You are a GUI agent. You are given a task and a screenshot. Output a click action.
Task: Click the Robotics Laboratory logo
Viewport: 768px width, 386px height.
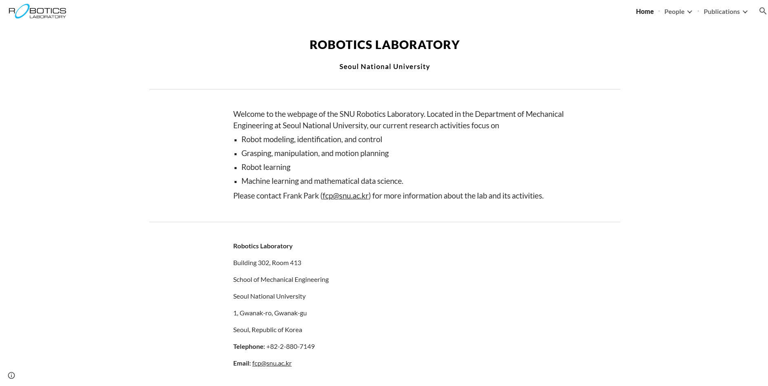(37, 11)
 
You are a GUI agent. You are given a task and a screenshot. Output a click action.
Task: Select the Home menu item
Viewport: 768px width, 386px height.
(644, 11)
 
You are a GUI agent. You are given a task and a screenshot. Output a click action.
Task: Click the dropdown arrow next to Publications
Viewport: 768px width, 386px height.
(745, 12)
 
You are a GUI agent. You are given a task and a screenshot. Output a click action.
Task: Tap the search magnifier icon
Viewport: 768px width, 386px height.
(762, 11)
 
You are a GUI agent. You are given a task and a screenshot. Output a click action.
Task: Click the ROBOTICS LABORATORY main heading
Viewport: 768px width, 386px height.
(384, 45)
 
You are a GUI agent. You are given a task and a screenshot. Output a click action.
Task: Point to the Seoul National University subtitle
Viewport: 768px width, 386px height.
(384, 67)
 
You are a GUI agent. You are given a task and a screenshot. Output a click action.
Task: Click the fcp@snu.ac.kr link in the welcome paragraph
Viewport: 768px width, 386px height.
(345, 196)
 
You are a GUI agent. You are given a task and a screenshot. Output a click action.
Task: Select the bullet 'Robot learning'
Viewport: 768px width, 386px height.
(266, 167)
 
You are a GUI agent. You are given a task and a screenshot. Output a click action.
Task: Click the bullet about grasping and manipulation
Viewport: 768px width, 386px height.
(314, 153)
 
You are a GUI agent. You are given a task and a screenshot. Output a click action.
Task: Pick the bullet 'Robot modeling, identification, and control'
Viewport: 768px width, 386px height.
(311, 139)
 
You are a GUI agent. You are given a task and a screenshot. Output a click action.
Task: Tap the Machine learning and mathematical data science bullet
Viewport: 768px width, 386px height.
(322, 181)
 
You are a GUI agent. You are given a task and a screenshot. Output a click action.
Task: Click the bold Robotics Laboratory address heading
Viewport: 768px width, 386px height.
(263, 246)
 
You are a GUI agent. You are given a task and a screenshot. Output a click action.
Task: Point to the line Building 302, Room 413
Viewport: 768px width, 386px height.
(267, 263)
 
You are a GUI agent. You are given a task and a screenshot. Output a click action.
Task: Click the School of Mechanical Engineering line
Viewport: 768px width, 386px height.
(281, 279)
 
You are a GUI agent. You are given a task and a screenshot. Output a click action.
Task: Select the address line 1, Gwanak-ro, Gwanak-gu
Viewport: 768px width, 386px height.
(270, 313)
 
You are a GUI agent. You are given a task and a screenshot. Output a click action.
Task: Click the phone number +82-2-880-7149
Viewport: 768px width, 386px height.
(290, 346)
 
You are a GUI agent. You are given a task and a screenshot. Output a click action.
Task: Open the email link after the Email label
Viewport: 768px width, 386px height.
(272, 363)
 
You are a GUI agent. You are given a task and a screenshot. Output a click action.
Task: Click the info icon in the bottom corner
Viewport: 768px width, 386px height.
(11, 375)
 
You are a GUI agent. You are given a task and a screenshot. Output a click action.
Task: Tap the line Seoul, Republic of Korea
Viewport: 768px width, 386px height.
(267, 330)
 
